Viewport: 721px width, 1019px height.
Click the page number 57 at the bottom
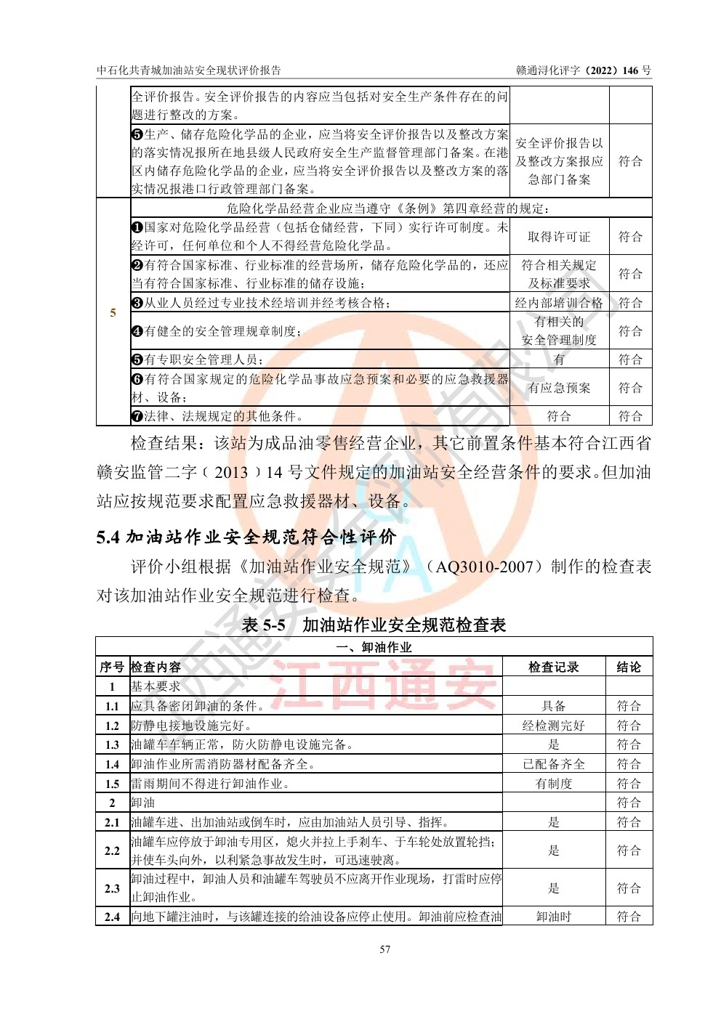tap(384, 949)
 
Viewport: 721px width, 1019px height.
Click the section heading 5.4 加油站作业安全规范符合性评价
tap(246, 537)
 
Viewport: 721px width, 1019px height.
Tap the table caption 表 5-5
tap(263, 625)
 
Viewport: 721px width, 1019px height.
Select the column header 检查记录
tap(553, 667)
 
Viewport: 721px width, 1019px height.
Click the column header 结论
tap(629, 667)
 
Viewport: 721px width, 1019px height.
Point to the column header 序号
tap(112, 667)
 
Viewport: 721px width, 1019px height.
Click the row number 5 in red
tap(113, 312)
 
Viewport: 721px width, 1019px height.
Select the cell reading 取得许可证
tap(558, 237)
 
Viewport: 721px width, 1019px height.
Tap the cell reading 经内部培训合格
tap(558, 303)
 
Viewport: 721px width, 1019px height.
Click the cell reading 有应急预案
tap(558, 388)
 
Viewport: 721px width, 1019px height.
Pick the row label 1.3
tap(112, 744)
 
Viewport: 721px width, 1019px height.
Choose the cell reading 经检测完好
tap(553, 725)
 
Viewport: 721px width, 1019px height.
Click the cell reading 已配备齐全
tap(553, 764)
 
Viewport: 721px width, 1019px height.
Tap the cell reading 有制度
tap(553, 784)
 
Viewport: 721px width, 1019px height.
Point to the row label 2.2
tap(112, 850)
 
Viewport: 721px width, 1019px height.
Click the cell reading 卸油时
tap(553, 917)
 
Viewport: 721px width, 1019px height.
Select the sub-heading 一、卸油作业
tap(374, 647)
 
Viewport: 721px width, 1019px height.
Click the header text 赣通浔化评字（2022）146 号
tap(584, 70)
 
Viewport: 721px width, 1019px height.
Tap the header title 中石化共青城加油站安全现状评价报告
tap(189, 70)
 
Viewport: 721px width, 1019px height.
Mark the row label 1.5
tap(112, 784)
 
